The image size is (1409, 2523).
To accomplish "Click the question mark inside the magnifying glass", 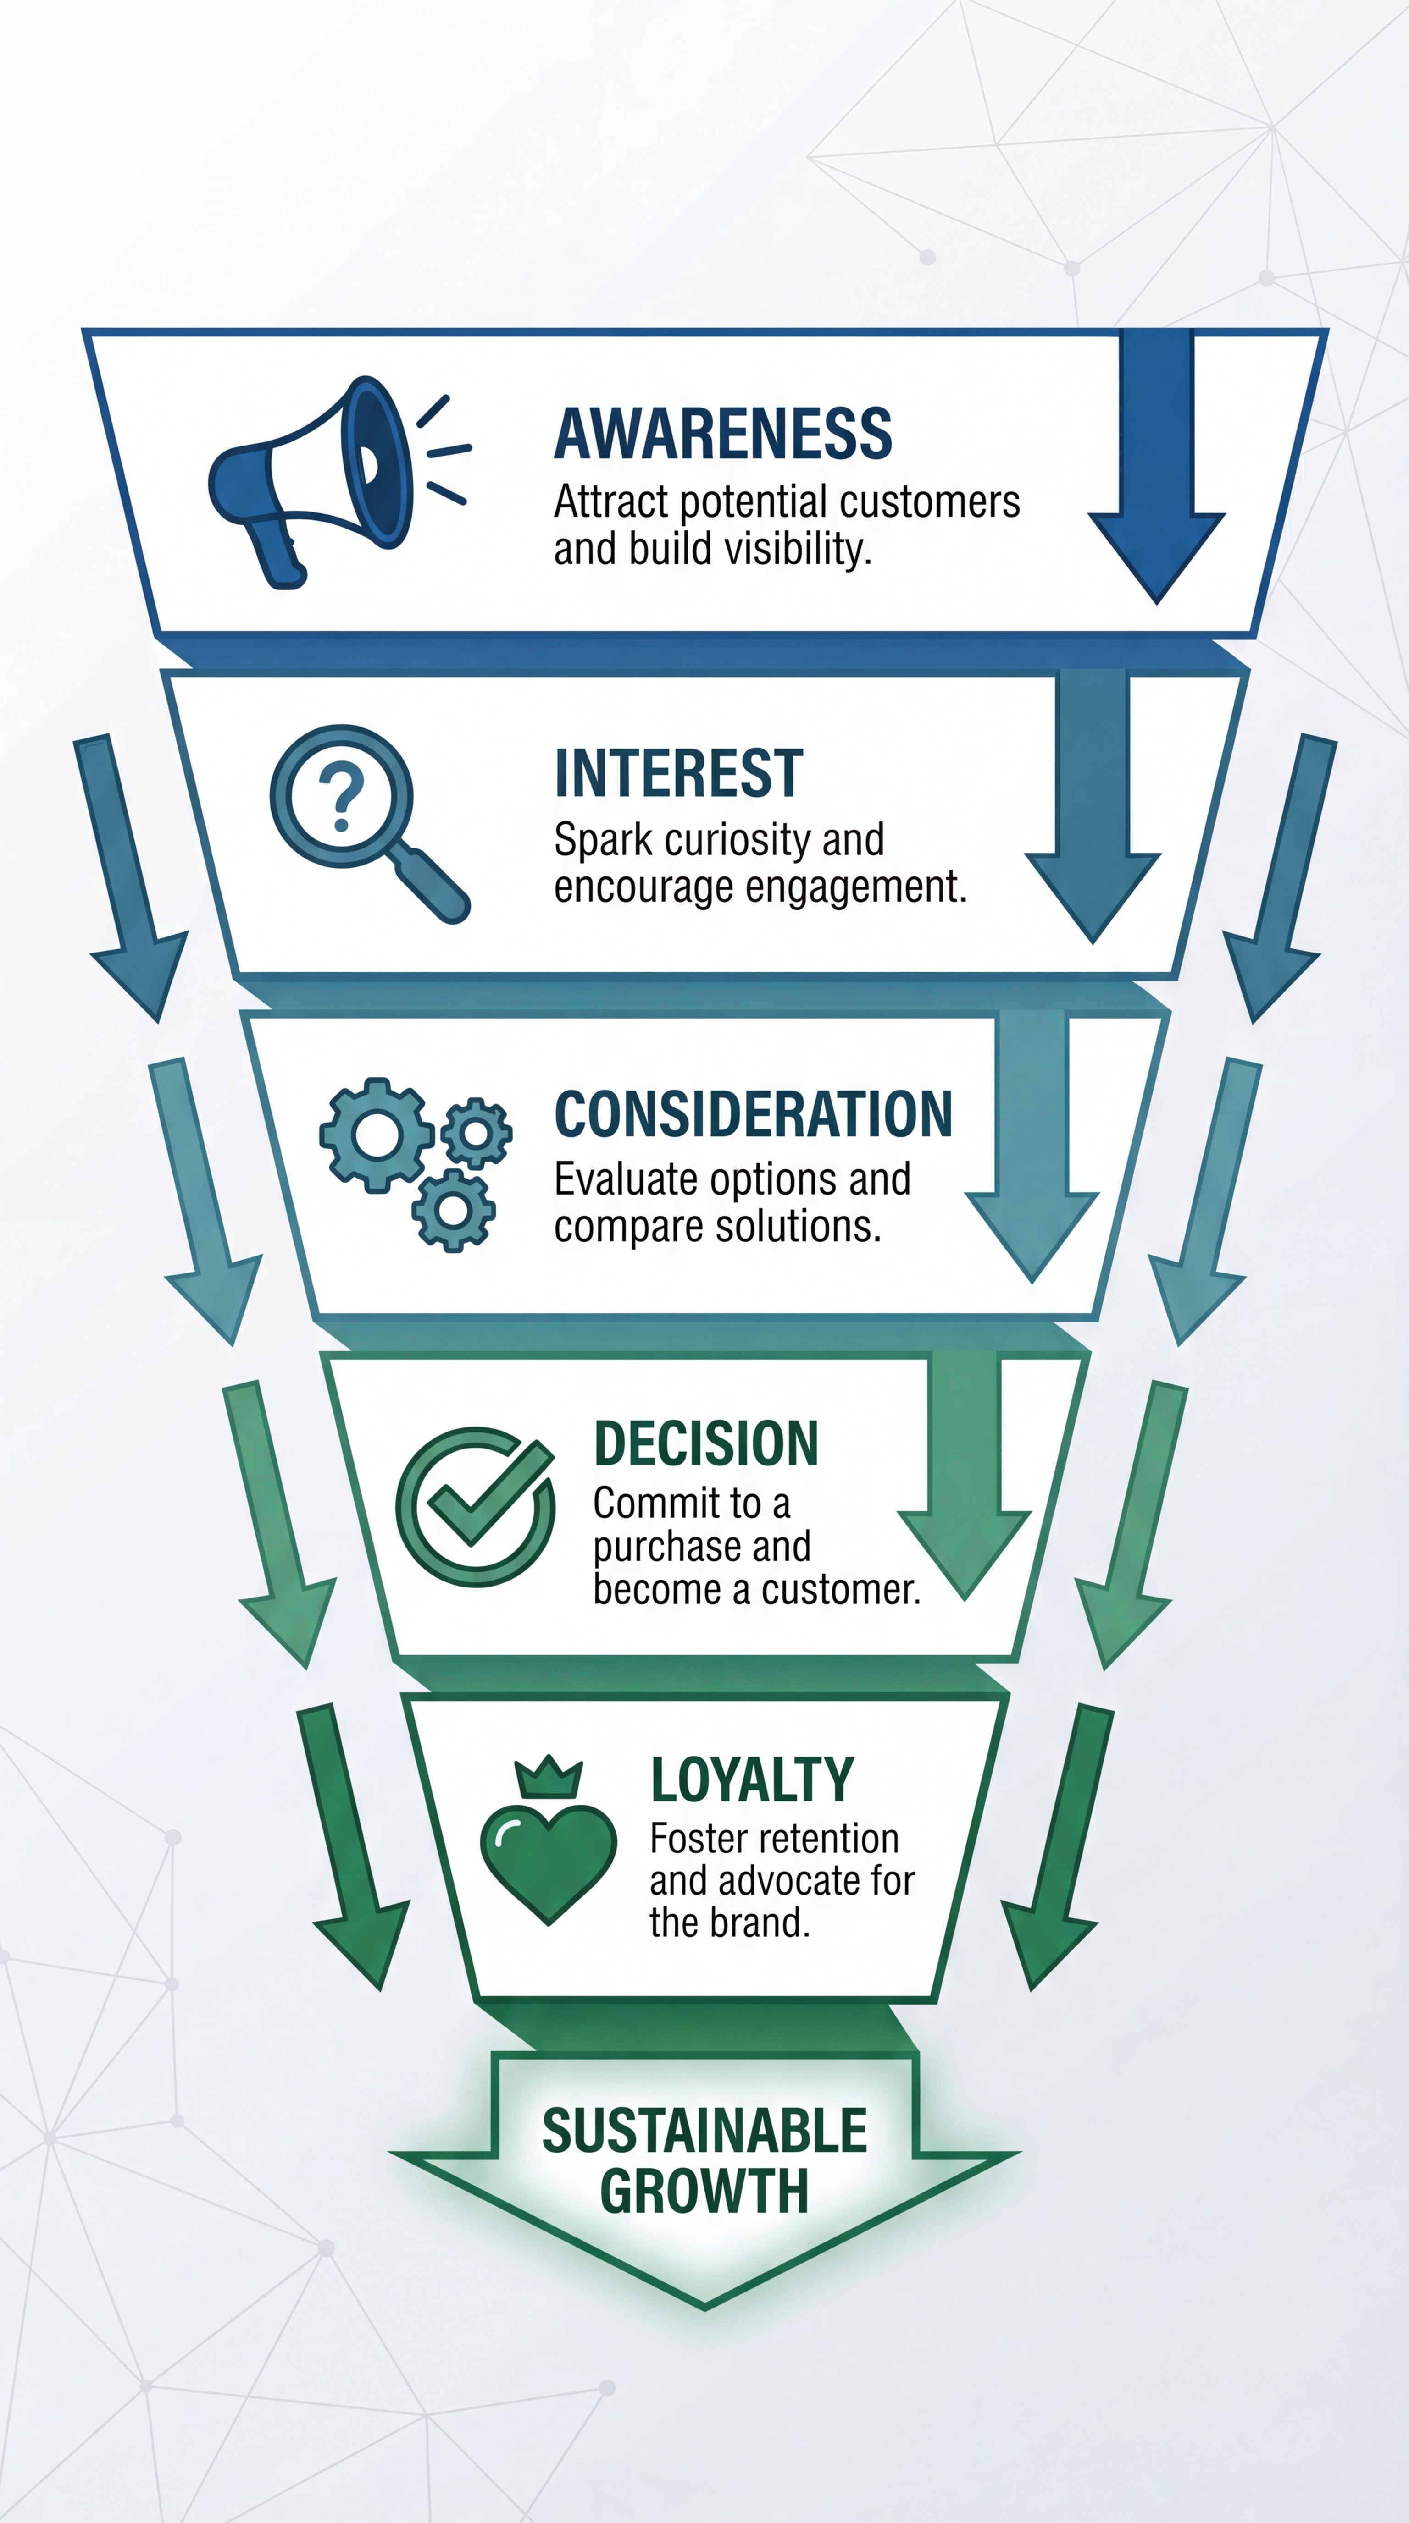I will tap(341, 796).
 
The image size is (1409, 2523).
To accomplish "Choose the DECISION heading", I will tap(705, 1443).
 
